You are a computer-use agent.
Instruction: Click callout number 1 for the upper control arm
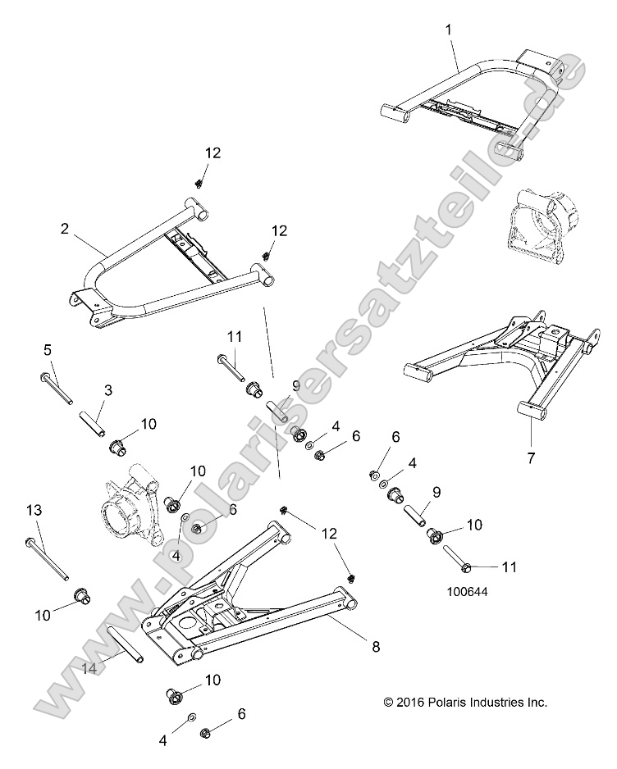[x=448, y=29]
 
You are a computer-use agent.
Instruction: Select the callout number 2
[x=64, y=230]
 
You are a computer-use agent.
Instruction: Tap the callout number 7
[x=531, y=458]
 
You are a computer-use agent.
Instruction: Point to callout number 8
[x=376, y=647]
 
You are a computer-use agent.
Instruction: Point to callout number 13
[x=34, y=510]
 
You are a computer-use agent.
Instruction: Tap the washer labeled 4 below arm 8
[x=190, y=717]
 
